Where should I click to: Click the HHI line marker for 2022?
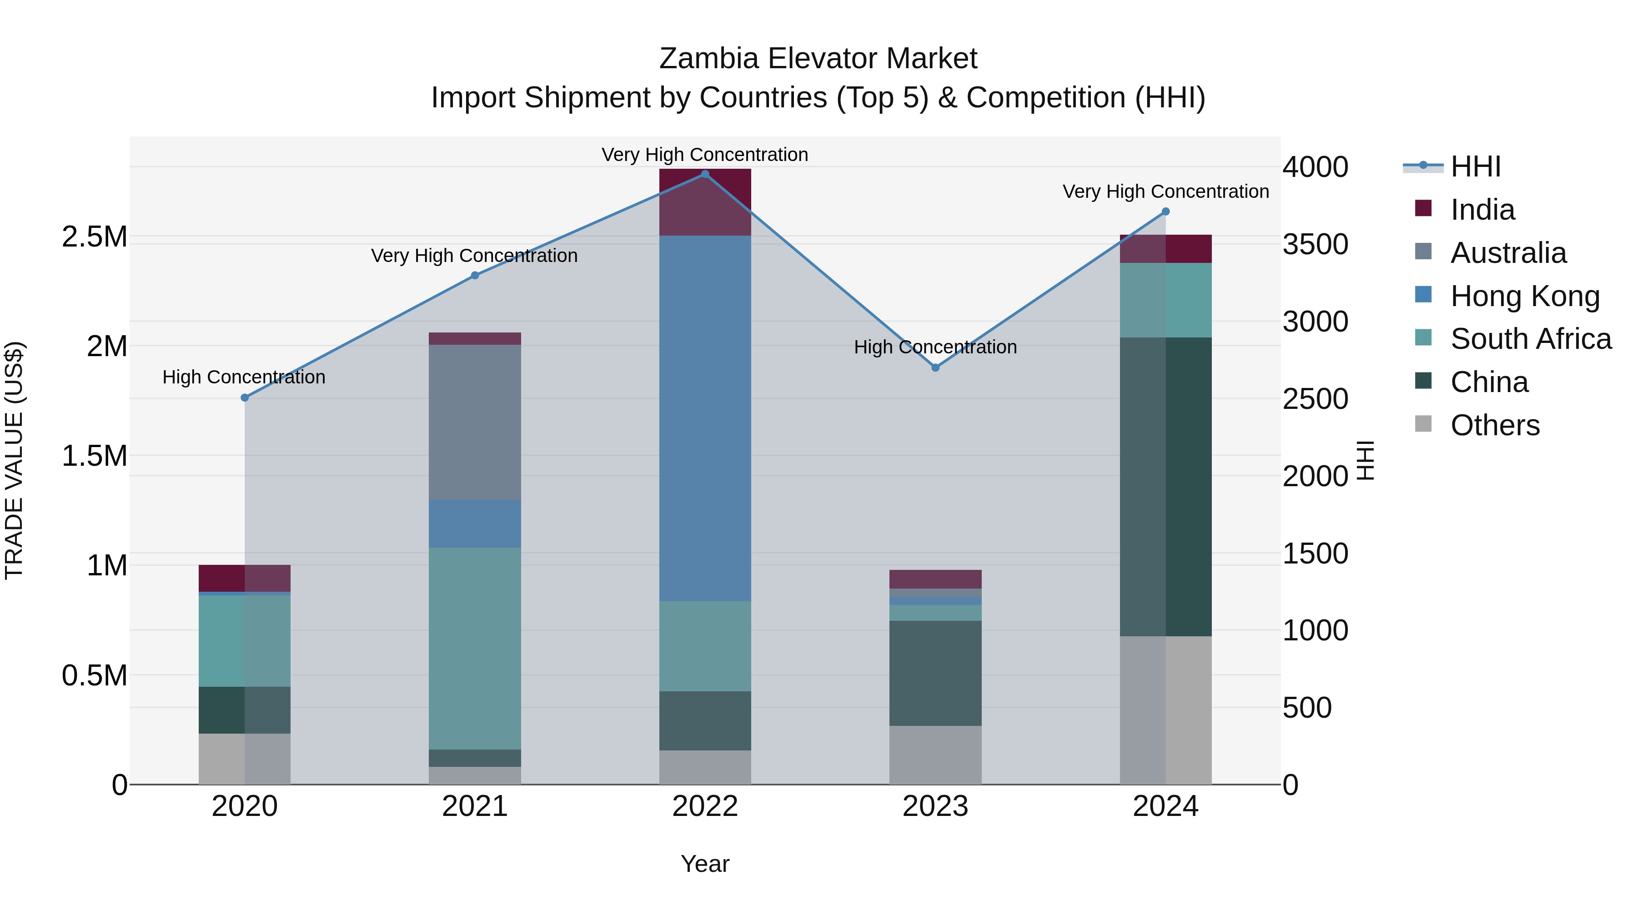pyautogui.click(x=705, y=174)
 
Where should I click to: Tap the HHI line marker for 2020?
pyautogui.click(x=245, y=398)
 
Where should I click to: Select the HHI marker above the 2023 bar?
pyautogui.click(x=935, y=367)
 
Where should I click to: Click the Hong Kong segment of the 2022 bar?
pyautogui.click(x=705, y=418)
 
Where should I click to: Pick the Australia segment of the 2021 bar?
pyautogui.click(x=475, y=422)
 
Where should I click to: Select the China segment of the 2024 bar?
pyautogui.click(x=1165, y=486)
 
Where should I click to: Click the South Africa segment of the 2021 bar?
pyautogui.click(x=475, y=648)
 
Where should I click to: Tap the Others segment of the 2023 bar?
pyautogui.click(x=935, y=755)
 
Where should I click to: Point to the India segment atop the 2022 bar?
pyautogui.click(x=705, y=202)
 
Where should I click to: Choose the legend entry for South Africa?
pyautogui.click(x=1530, y=339)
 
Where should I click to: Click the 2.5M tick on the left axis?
pyautogui.click(x=95, y=237)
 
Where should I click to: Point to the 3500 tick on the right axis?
pyautogui.click(x=1315, y=245)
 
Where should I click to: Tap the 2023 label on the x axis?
pyautogui.click(x=935, y=806)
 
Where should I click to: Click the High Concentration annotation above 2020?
pyautogui.click(x=244, y=377)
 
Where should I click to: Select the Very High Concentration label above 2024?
pyautogui.click(x=1165, y=191)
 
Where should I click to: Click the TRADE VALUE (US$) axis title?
pyautogui.click(x=14, y=460)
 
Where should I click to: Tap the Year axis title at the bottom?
pyautogui.click(x=705, y=864)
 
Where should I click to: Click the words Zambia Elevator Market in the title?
pyautogui.click(x=818, y=59)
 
